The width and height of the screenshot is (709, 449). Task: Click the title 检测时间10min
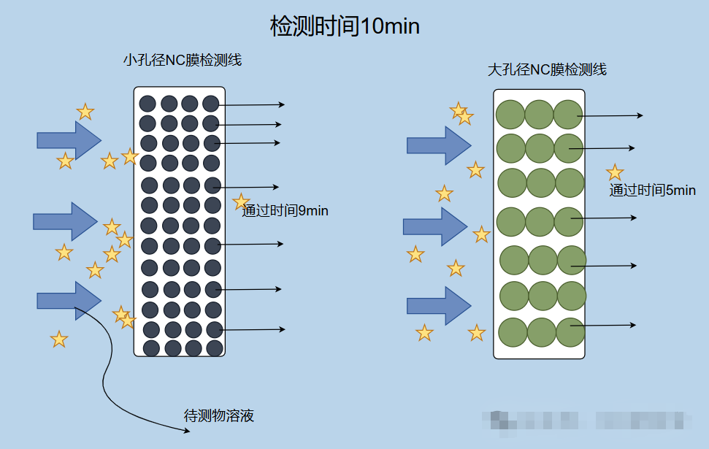coord(345,27)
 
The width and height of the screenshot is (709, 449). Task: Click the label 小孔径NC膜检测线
coord(183,61)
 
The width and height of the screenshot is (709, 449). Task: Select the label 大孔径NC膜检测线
coord(547,70)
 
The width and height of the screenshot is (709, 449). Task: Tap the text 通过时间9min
coord(285,211)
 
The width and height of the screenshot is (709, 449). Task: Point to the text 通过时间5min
coord(652,191)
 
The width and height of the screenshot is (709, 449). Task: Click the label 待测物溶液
coord(219,417)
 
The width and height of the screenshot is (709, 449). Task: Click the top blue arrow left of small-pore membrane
coord(69,139)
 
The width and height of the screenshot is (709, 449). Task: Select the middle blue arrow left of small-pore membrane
coord(65,220)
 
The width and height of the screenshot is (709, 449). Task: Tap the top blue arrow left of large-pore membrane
coord(438,145)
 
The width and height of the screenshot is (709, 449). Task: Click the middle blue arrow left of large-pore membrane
coord(434,226)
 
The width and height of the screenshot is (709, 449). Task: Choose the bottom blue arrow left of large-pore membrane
coord(438,305)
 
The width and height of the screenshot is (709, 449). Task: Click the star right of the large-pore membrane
coord(615,172)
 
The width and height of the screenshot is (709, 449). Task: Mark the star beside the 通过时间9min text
coord(241,202)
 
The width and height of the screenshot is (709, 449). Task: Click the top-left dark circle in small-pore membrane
coord(147,103)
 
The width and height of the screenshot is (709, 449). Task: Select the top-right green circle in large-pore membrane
coord(567,114)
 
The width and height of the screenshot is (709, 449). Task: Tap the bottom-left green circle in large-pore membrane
coord(513,331)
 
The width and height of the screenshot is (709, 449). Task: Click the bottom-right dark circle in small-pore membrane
coord(215,348)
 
